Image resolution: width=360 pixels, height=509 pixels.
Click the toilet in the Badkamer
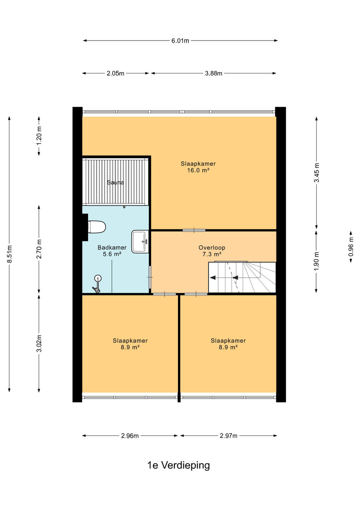click(97, 227)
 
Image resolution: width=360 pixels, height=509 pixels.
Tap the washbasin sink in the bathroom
click(140, 241)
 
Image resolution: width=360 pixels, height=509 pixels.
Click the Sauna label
click(115, 182)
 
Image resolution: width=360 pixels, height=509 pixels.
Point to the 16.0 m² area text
click(198, 170)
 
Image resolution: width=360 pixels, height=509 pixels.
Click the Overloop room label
click(212, 247)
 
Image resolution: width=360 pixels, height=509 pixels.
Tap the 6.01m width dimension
click(180, 41)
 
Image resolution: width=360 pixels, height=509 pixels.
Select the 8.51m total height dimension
click(9, 254)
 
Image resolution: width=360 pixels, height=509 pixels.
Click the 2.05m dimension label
click(115, 74)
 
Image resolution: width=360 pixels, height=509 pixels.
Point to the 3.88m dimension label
click(214, 74)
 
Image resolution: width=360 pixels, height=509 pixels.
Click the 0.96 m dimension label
click(351, 247)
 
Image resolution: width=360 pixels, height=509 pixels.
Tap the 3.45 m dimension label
click(317, 173)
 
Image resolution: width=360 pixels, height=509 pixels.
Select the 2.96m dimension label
click(130, 436)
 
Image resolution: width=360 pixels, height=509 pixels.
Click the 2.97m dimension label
click(228, 436)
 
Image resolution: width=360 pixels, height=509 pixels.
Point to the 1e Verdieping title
click(179, 466)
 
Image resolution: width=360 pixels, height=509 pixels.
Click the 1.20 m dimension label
click(39, 136)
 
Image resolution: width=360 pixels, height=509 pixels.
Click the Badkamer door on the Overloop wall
click(150, 277)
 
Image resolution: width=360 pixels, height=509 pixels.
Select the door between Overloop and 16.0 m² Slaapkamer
click(194, 230)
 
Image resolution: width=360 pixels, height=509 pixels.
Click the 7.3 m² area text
click(212, 254)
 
